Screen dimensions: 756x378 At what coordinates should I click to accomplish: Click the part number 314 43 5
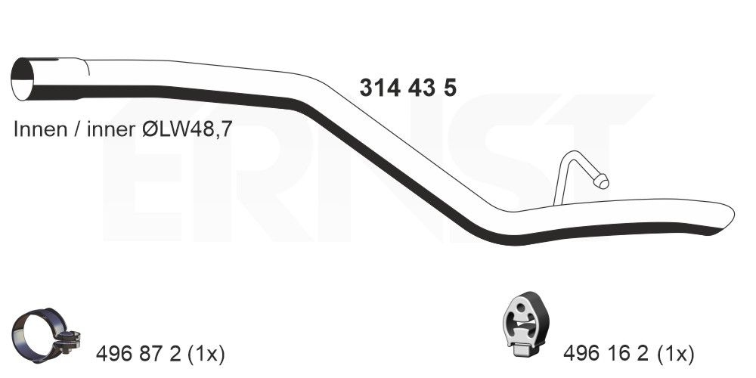[408, 88]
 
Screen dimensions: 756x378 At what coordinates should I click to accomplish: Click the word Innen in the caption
[40, 129]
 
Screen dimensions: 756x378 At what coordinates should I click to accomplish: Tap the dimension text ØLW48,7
[187, 129]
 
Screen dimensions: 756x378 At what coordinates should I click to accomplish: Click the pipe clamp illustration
[46, 335]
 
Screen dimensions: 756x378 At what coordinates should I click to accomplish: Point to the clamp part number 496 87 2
[138, 355]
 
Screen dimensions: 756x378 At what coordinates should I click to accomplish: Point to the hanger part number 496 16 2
[606, 355]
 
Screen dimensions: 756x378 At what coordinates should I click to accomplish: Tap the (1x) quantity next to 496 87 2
[206, 355]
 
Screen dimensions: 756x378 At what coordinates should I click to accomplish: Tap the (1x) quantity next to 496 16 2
[674, 355]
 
